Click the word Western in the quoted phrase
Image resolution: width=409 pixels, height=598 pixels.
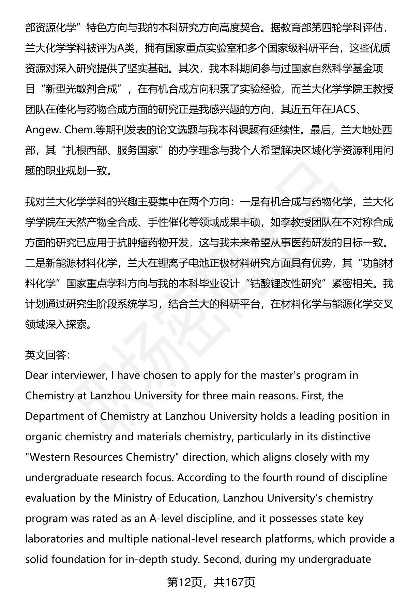click(x=51, y=457)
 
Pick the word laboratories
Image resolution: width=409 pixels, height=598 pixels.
click(x=54, y=539)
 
